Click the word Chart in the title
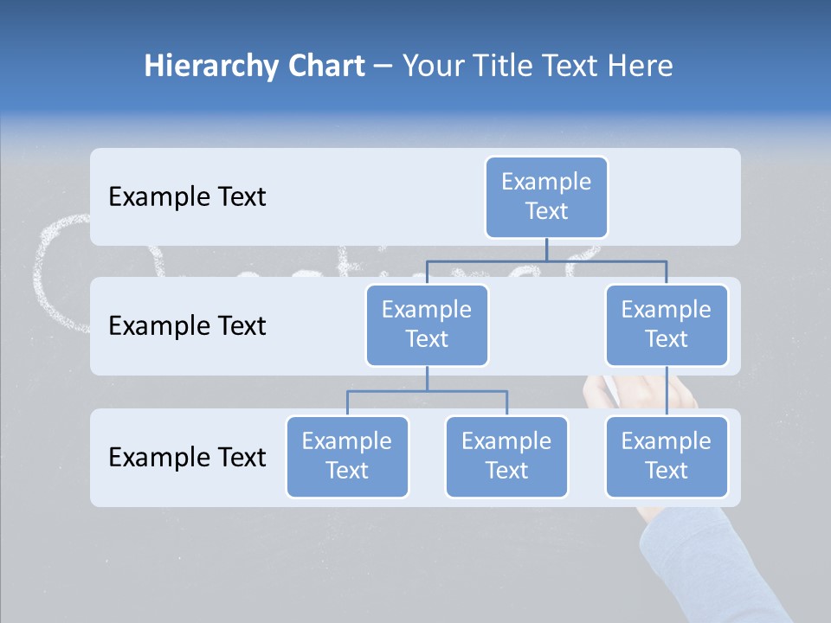coord(325,66)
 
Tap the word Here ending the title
coord(641,66)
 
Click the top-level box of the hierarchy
coord(546,196)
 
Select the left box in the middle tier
coord(427,324)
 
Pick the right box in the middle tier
coord(667,324)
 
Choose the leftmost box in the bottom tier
coord(347,456)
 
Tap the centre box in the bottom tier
coord(506,456)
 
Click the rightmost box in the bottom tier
coord(667,456)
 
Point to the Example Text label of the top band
coord(187,197)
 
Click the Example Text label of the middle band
coord(187,326)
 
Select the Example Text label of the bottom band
coord(187,457)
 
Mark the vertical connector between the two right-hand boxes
coord(667,390)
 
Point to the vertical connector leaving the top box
coord(546,248)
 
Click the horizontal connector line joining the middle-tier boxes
coord(546,259)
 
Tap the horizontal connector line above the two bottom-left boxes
coord(427,391)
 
